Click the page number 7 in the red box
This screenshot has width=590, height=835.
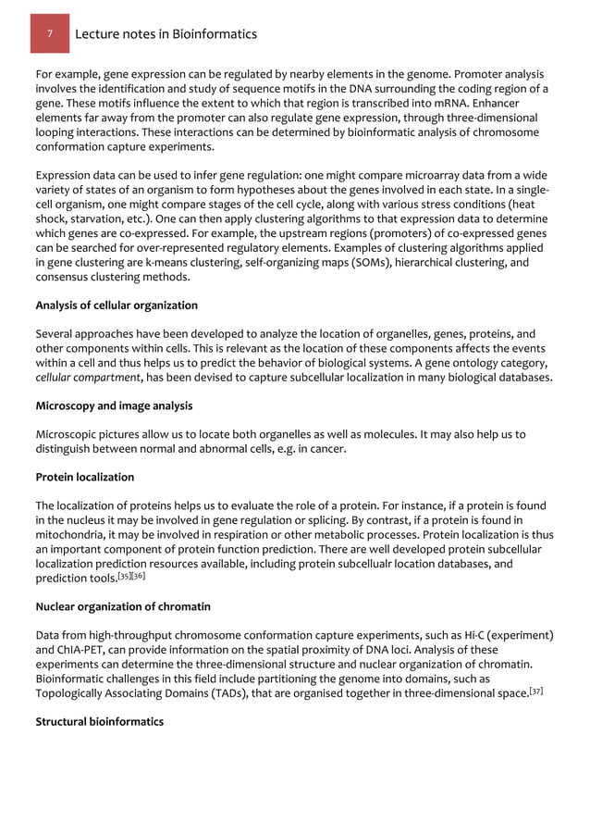[x=52, y=34]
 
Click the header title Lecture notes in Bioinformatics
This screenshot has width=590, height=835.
[x=166, y=34]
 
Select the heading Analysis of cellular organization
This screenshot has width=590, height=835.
[x=117, y=305]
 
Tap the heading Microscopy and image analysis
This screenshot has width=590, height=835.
[x=114, y=405]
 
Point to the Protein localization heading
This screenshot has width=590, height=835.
[x=85, y=477]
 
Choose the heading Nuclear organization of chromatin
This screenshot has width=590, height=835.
[x=123, y=606]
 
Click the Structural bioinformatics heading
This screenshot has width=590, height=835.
[x=100, y=721]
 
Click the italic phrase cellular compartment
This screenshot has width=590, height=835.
[x=80, y=378]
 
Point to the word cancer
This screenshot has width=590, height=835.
[x=327, y=449]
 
